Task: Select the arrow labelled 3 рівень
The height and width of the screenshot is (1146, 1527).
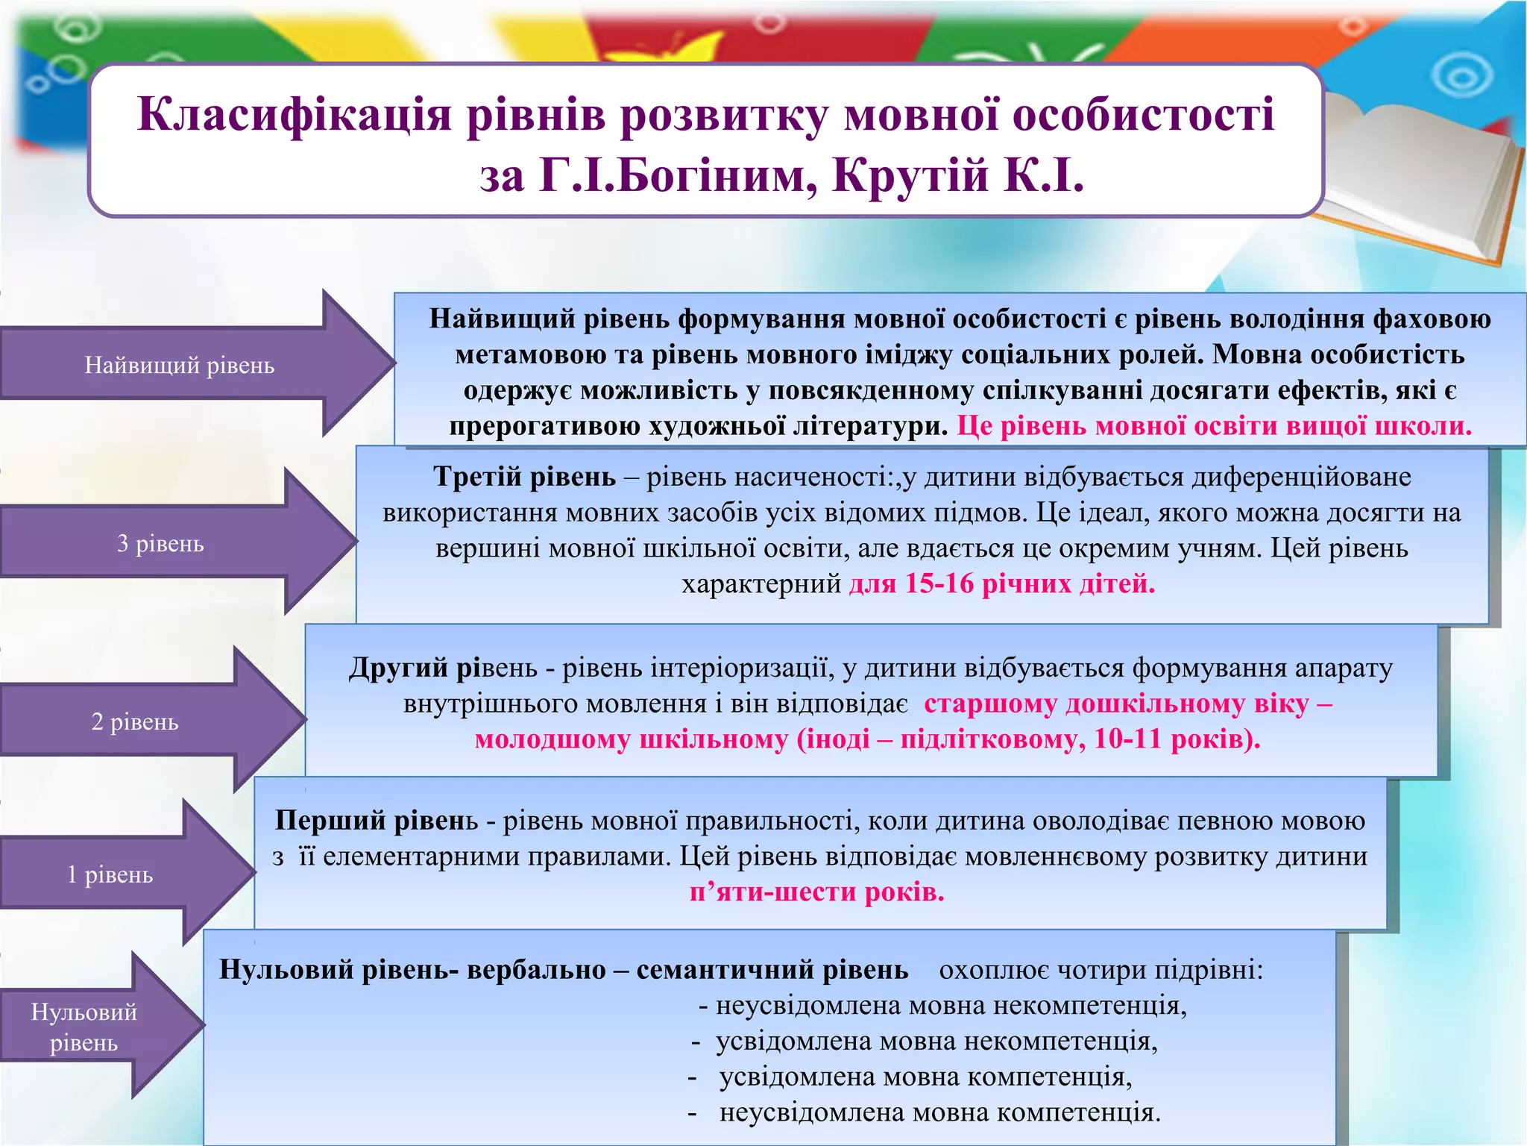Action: click(x=161, y=543)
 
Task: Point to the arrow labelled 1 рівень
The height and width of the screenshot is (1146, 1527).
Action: click(x=110, y=874)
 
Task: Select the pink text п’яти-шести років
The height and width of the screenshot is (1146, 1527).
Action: click(x=816, y=892)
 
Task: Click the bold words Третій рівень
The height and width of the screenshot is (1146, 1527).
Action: click(x=524, y=477)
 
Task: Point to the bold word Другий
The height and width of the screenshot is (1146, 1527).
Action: click(x=396, y=668)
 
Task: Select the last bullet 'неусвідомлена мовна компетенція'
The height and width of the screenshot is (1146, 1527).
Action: click(x=939, y=1112)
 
